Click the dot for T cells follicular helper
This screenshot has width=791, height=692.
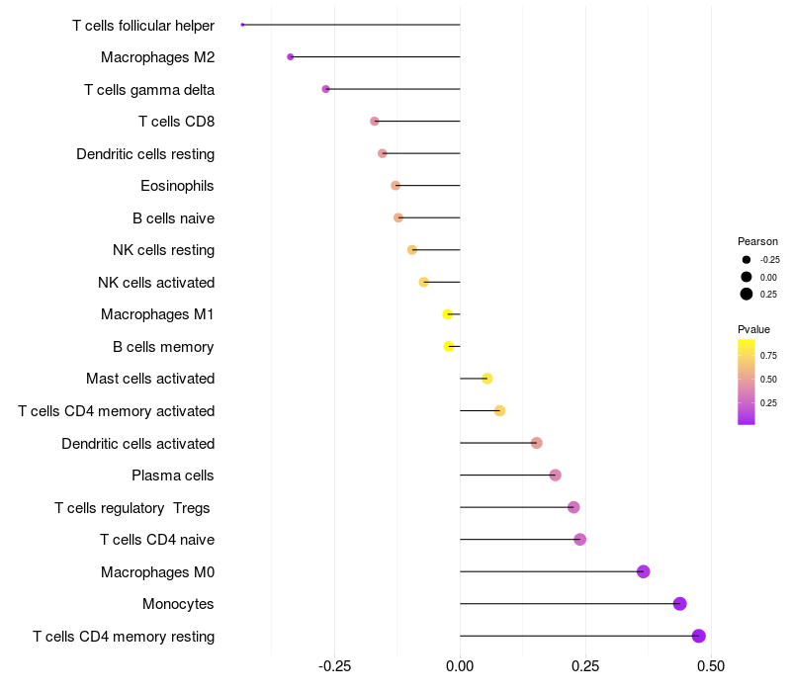(242, 25)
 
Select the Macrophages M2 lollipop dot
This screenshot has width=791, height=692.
(290, 57)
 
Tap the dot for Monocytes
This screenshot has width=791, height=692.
(679, 604)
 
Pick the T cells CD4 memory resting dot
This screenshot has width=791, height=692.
(699, 637)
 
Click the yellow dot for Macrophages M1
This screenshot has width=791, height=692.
(448, 314)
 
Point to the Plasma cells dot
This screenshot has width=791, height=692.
(555, 476)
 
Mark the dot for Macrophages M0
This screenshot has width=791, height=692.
(644, 571)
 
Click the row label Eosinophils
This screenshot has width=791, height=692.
(177, 186)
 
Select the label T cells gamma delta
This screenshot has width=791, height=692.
(149, 90)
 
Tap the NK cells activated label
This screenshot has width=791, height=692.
(156, 283)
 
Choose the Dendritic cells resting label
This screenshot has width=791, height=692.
(145, 154)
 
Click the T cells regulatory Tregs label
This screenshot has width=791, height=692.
(132, 508)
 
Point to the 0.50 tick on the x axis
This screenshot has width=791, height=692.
(710, 666)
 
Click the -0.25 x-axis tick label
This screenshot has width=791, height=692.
(334, 666)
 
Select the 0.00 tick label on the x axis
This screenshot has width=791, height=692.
(460, 666)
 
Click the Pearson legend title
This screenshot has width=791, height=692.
(757, 241)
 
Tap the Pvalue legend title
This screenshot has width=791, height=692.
(753, 329)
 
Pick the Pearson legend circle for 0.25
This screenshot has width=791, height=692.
(747, 294)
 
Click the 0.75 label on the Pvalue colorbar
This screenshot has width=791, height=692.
(768, 356)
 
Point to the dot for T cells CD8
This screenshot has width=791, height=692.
(374, 122)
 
